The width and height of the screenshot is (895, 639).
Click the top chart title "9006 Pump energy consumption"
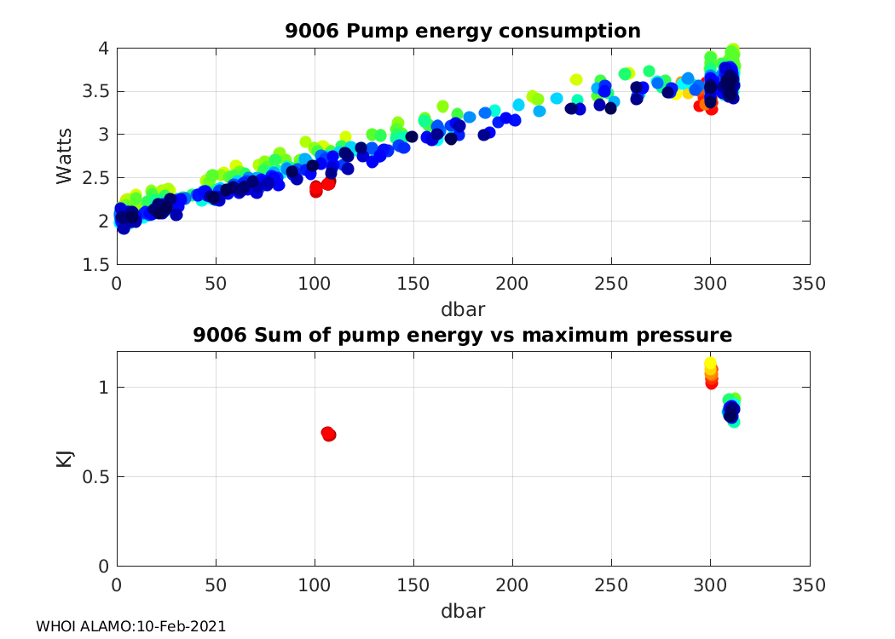463,32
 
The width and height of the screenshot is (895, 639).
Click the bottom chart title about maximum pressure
463,337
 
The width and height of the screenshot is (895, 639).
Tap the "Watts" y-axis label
65,156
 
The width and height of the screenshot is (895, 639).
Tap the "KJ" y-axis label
65,458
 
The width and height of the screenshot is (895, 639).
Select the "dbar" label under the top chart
463,305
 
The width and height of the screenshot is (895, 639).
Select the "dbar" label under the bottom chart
463,611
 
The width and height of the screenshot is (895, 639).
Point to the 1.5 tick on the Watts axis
96,264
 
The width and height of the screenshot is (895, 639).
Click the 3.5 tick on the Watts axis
96,91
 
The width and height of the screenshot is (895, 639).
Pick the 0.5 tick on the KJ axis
96,477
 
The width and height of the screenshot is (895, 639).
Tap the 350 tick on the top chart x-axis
809,283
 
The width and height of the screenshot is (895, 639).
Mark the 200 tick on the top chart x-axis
512,283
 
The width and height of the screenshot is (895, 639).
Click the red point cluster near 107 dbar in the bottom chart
328,434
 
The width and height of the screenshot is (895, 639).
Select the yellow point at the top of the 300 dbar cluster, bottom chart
710,365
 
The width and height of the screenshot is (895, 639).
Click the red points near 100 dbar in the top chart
316,188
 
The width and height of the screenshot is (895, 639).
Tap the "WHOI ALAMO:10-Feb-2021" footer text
130,626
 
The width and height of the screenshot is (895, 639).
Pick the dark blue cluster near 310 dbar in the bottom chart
731,412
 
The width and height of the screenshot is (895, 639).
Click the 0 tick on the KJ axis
103,567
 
